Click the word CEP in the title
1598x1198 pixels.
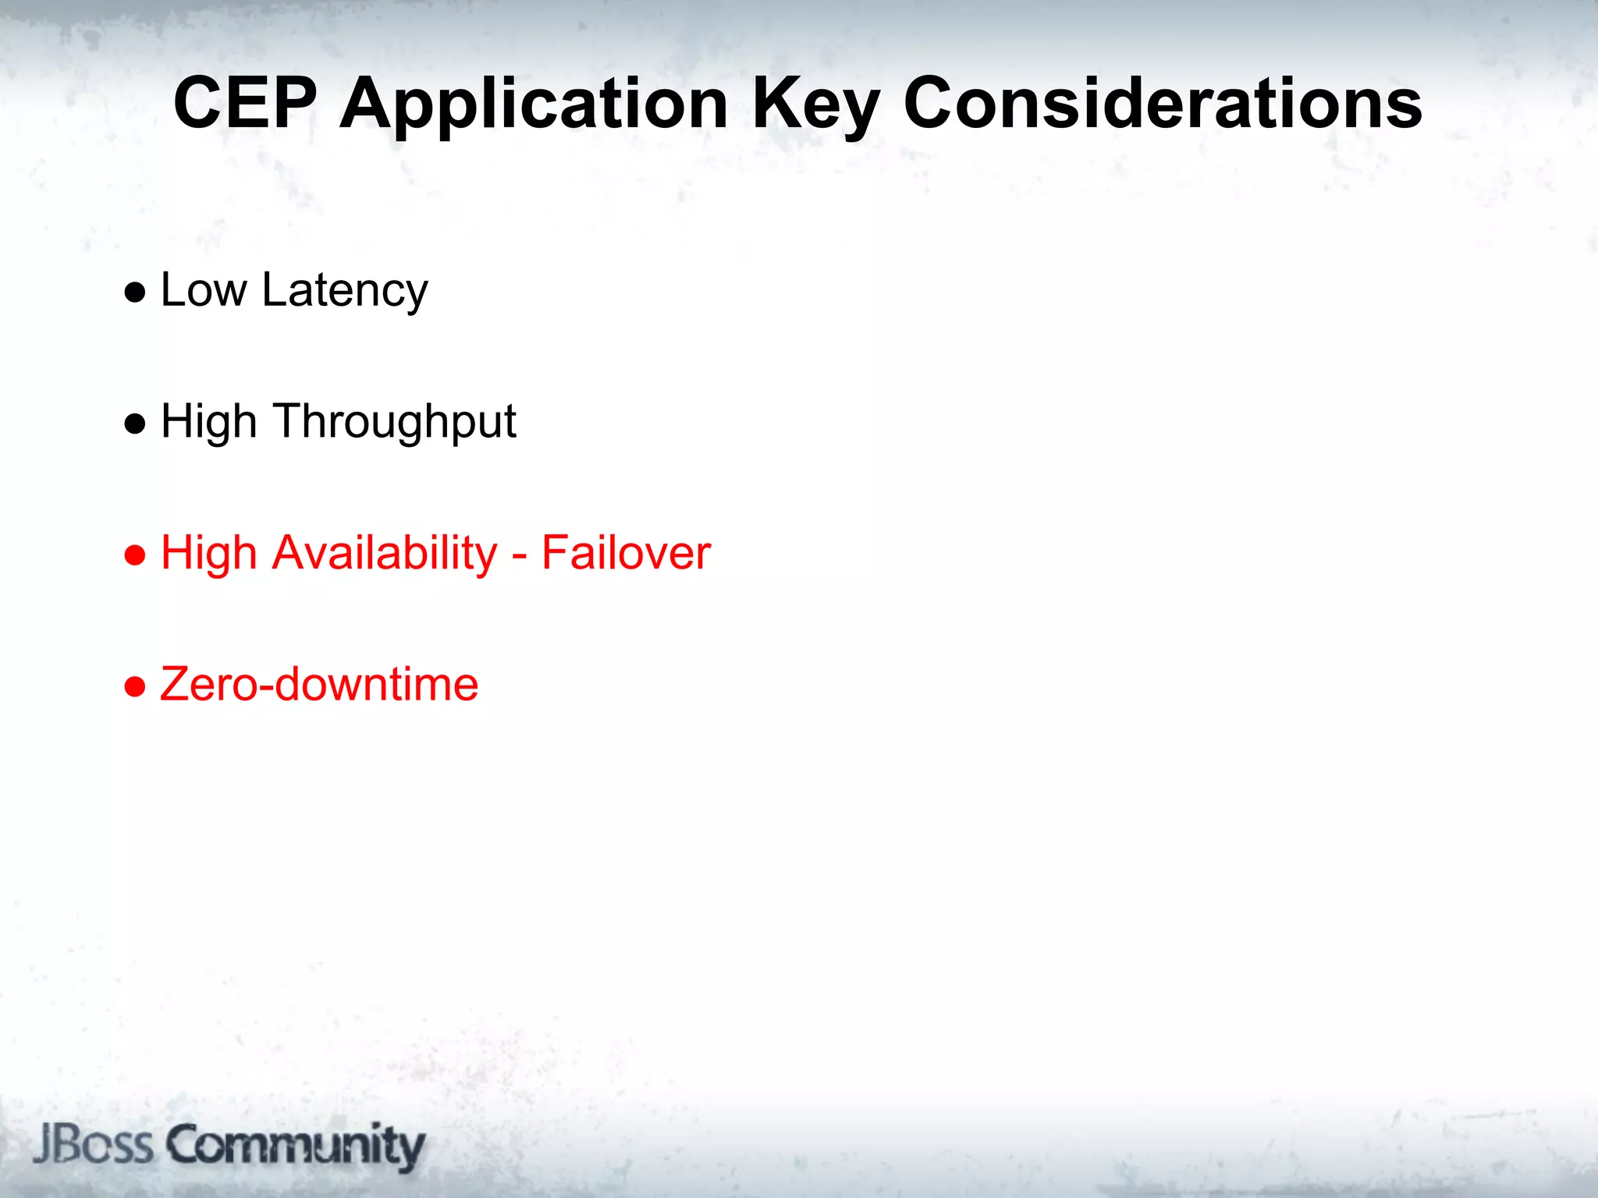245,103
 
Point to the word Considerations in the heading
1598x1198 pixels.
1163,103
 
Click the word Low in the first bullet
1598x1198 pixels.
204,290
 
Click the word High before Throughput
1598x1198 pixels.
208,422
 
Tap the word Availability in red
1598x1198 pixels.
384,554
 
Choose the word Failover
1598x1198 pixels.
626,553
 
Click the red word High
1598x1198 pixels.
208,553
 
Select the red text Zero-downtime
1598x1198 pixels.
319,684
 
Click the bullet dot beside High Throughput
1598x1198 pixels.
135,424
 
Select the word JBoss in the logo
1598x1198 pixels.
93,1145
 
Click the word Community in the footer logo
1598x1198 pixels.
296,1146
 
